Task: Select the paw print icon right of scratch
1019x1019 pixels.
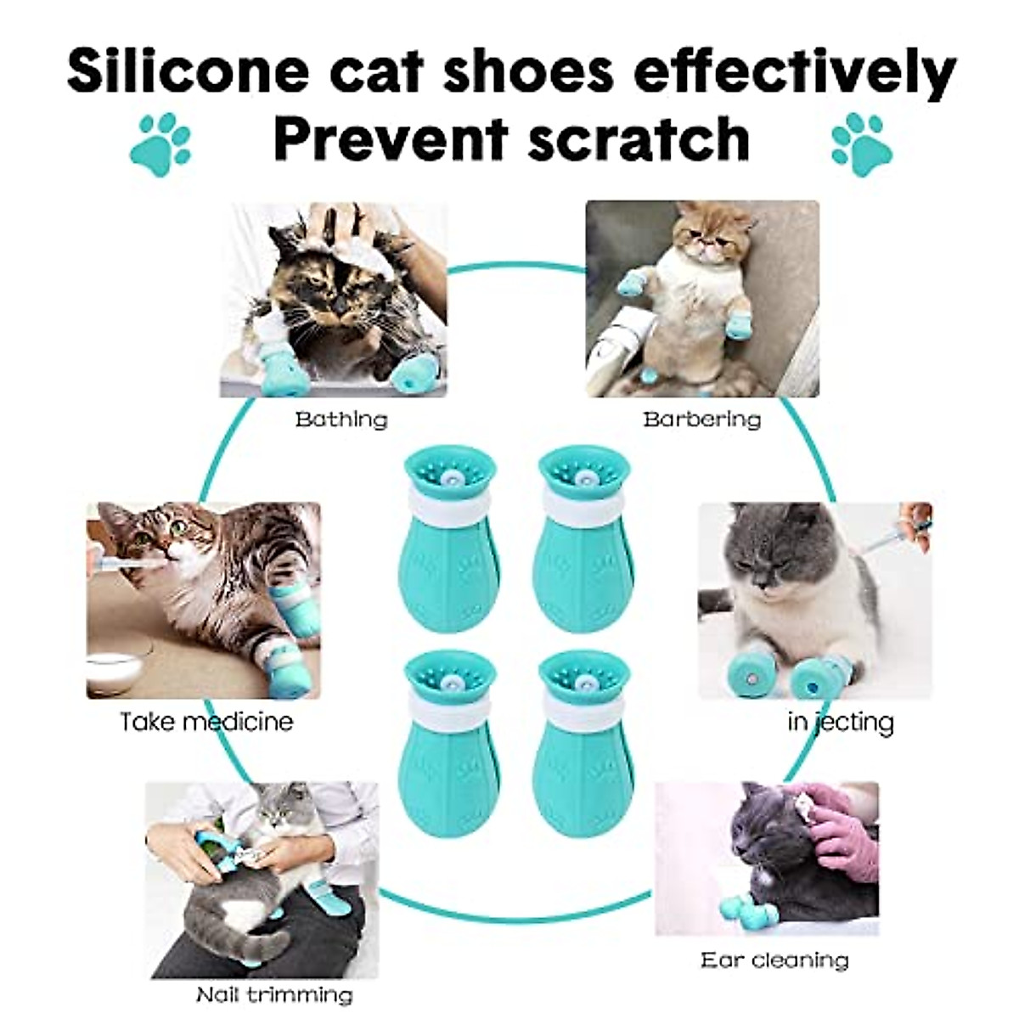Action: pyautogui.click(x=862, y=139)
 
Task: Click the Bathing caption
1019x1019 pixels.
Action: pyautogui.click(x=341, y=419)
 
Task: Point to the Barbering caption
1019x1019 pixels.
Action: pyautogui.click(x=701, y=419)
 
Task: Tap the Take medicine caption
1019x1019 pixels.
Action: pyautogui.click(x=206, y=722)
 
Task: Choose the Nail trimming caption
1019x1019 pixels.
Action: pyautogui.click(x=273, y=994)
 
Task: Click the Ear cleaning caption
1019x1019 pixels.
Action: pyautogui.click(x=774, y=960)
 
